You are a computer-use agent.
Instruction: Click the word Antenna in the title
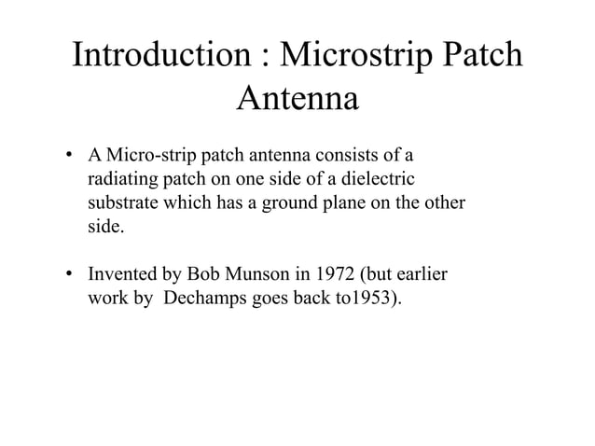(297, 98)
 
